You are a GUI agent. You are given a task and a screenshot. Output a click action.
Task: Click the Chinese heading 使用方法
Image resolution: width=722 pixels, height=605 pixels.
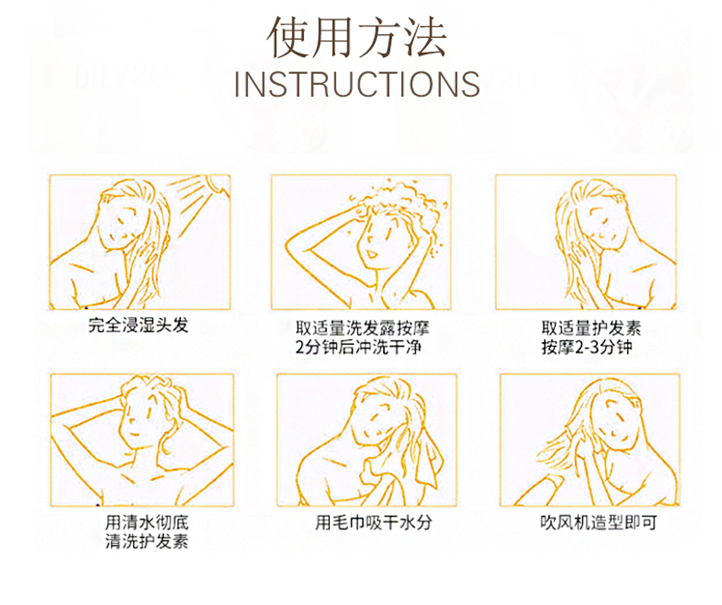pos(357,38)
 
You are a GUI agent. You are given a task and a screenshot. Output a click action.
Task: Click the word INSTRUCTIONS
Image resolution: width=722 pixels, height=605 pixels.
pos(357,84)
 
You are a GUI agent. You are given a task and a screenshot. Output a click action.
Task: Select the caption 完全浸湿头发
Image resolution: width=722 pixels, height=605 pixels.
pos(138,325)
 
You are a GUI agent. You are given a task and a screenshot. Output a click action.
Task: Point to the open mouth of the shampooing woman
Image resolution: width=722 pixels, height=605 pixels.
pos(371,254)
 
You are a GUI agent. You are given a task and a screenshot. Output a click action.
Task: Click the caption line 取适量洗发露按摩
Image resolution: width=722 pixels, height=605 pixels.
pos(363,328)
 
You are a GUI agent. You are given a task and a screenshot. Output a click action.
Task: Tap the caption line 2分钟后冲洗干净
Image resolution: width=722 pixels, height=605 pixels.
pos(358,347)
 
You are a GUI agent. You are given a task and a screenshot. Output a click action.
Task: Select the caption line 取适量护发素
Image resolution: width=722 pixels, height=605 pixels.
pos(591,328)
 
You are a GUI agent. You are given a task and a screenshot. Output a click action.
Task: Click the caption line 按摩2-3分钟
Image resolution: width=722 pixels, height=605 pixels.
pos(587,347)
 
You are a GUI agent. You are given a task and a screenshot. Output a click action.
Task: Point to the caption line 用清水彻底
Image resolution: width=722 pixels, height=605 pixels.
pos(147,523)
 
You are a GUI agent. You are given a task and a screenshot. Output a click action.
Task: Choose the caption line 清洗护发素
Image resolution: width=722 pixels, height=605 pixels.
pos(147,541)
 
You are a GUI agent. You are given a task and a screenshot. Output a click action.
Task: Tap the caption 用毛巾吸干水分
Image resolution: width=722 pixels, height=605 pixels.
pos(373,523)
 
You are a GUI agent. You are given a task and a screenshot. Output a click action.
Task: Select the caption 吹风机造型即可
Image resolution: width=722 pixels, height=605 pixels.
pos(599,523)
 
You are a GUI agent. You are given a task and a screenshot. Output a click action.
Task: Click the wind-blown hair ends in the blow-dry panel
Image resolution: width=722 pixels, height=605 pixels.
pos(553,447)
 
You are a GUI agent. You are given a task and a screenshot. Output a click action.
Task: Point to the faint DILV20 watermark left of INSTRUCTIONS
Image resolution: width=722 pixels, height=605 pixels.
pos(121,76)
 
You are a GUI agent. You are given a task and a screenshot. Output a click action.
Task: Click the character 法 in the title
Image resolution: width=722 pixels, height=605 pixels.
pos(425,38)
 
